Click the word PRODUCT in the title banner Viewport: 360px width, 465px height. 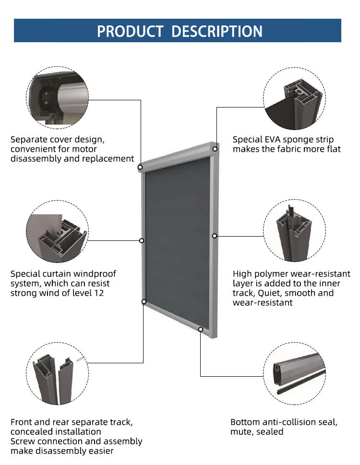(x=130, y=31)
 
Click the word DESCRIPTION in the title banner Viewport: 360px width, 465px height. (x=217, y=31)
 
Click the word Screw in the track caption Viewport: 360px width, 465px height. (x=24, y=441)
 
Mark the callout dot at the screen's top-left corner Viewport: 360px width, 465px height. (x=140, y=167)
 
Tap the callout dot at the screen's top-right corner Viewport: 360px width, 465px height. (x=215, y=149)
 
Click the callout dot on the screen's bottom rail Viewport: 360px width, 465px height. (x=200, y=329)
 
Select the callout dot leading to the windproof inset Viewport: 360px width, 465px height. (x=142, y=240)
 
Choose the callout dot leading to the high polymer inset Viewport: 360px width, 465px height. (x=215, y=236)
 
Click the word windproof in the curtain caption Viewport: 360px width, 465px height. (x=91, y=274)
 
